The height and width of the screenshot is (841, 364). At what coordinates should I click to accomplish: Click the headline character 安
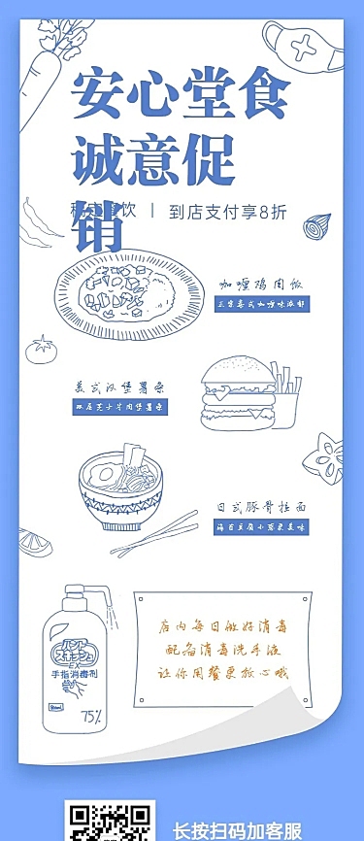(x=101, y=93)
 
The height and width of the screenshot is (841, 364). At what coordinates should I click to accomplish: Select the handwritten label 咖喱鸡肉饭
(x=262, y=285)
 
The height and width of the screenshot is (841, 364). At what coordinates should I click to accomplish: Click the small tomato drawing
(x=42, y=350)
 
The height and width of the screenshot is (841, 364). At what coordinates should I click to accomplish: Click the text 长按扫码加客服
(x=238, y=830)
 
